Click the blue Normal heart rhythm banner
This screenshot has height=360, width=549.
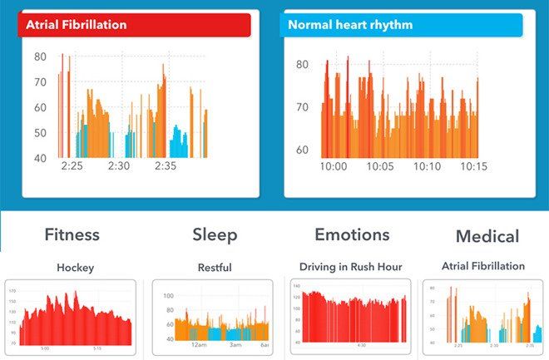[403, 25]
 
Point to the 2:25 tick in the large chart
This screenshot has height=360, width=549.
[72, 166]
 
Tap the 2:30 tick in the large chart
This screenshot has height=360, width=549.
[119, 166]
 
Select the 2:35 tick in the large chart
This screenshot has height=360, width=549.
[166, 166]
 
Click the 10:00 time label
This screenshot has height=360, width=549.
[334, 167]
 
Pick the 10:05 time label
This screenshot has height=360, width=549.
[380, 167]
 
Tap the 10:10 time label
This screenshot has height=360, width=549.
[428, 167]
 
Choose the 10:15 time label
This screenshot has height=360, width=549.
[474, 167]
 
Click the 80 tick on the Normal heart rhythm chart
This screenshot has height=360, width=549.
[303, 65]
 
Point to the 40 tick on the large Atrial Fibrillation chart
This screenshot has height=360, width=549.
[40, 158]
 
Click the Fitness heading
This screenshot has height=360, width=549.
[72, 235]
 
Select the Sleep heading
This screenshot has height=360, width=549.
[215, 235]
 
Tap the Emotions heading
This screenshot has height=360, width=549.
[352, 235]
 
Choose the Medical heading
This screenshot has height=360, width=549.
[487, 237]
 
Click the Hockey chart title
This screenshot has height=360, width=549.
[75, 269]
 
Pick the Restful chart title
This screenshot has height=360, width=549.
[214, 269]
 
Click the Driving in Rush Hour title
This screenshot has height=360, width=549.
[350, 267]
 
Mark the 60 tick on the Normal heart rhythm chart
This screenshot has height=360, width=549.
[303, 150]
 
